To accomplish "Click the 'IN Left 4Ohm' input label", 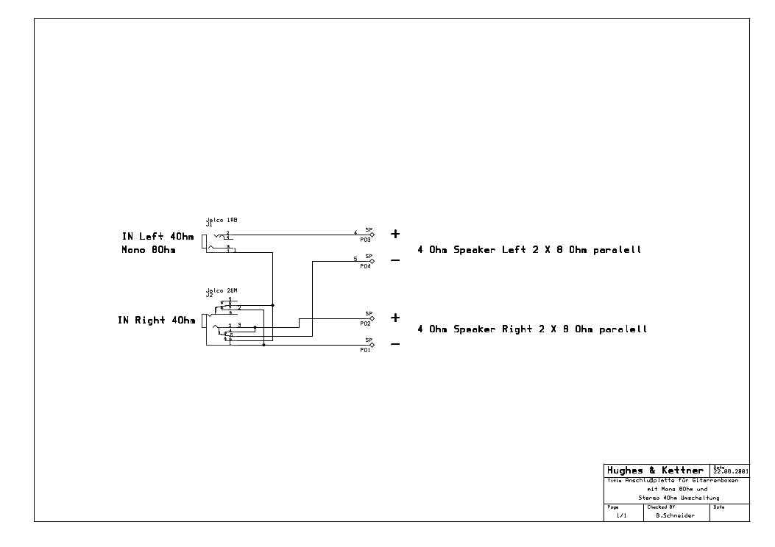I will pyautogui.click(x=158, y=237).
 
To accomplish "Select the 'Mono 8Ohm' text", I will pyautogui.click(x=152, y=250).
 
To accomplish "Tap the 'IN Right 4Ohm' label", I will pyautogui.click(x=156, y=321).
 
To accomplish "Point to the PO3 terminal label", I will pyautogui.click(x=365, y=240).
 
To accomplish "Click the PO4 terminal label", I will pyautogui.click(x=365, y=266).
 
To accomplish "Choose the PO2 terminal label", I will pyautogui.click(x=365, y=323).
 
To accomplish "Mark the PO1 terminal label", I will pyautogui.click(x=365, y=350).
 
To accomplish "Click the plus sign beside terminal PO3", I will pyautogui.click(x=395, y=234).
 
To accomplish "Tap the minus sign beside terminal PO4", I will pyautogui.click(x=395, y=260).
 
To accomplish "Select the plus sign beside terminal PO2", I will pyautogui.click(x=395, y=318).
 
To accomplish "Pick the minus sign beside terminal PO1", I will pyautogui.click(x=395, y=344).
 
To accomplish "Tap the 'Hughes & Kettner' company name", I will pyautogui.click(x=654, y=471).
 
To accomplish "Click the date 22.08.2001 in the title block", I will pyautogui.click(x=731, y=472).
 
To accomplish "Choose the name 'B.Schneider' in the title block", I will pyautogui.click(x=673, y=516).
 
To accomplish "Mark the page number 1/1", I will pyautogui.click(x=622, y=516).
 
